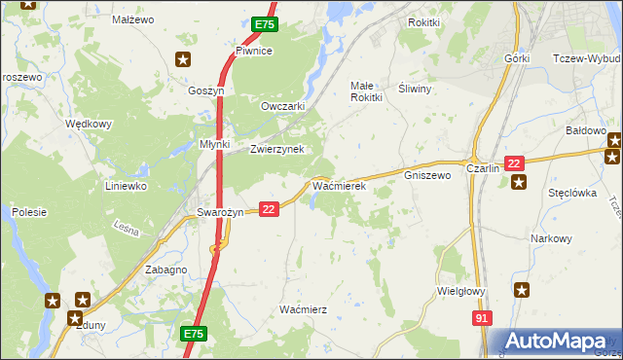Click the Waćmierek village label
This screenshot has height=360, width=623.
coord(338,184)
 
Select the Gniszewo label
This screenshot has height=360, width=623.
coord(426,176)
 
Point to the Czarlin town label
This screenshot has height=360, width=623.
coord(483,167)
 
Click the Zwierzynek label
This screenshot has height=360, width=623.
coord(277,149)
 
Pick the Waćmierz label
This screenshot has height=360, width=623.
coord(303,308)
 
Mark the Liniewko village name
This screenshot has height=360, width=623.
coord(126,185)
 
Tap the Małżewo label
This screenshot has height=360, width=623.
coord(133,19)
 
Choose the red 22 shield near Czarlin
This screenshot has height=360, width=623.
coord(515,162)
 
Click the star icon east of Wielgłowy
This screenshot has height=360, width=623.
coord(523,289)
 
